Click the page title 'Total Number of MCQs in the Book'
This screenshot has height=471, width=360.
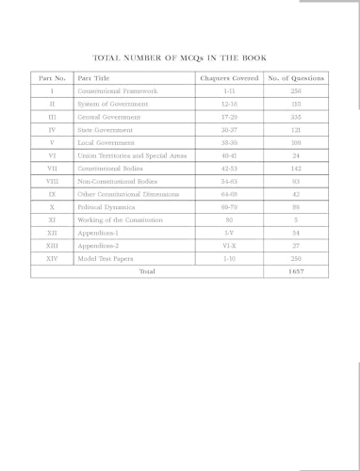point(180,56)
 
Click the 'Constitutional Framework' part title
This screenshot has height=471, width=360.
point(118,90)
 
